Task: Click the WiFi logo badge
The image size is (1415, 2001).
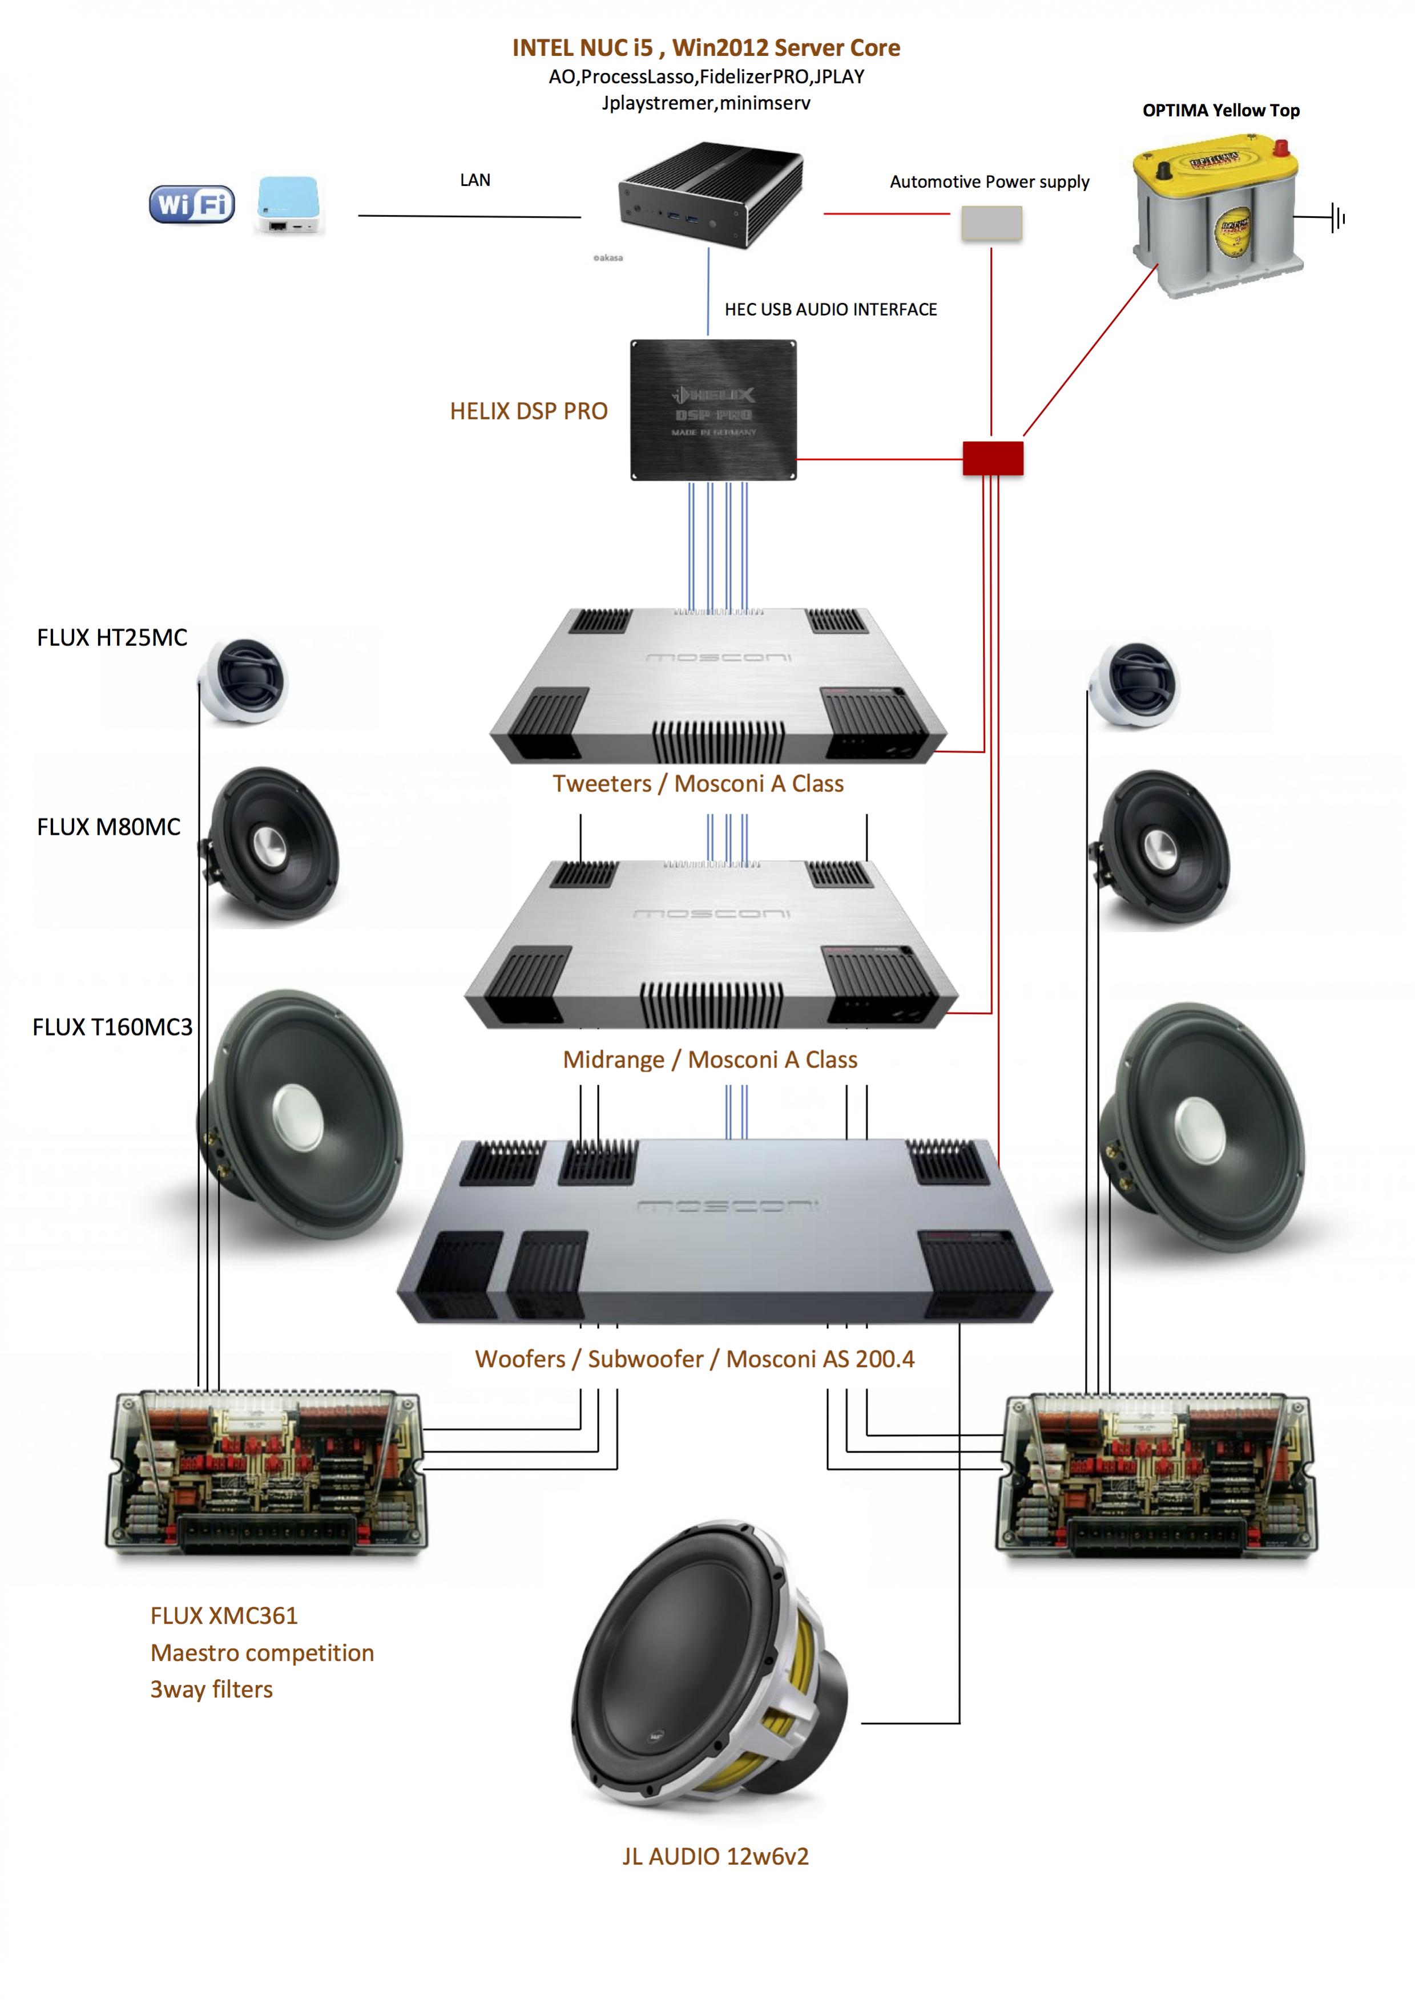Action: tap(192, 205)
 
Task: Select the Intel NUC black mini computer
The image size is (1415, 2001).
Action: tap(709, 193)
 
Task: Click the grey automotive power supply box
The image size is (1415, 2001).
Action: tap(991, 223)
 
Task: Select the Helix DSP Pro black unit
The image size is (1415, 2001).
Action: tap(713, 410)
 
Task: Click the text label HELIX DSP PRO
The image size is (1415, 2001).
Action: tap(529, 411)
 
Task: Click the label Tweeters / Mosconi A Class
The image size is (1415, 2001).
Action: tap(698, 783)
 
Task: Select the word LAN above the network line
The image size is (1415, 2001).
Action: tap(475, 180)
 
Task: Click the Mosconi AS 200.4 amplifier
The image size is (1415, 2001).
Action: tap(724, 1231)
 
